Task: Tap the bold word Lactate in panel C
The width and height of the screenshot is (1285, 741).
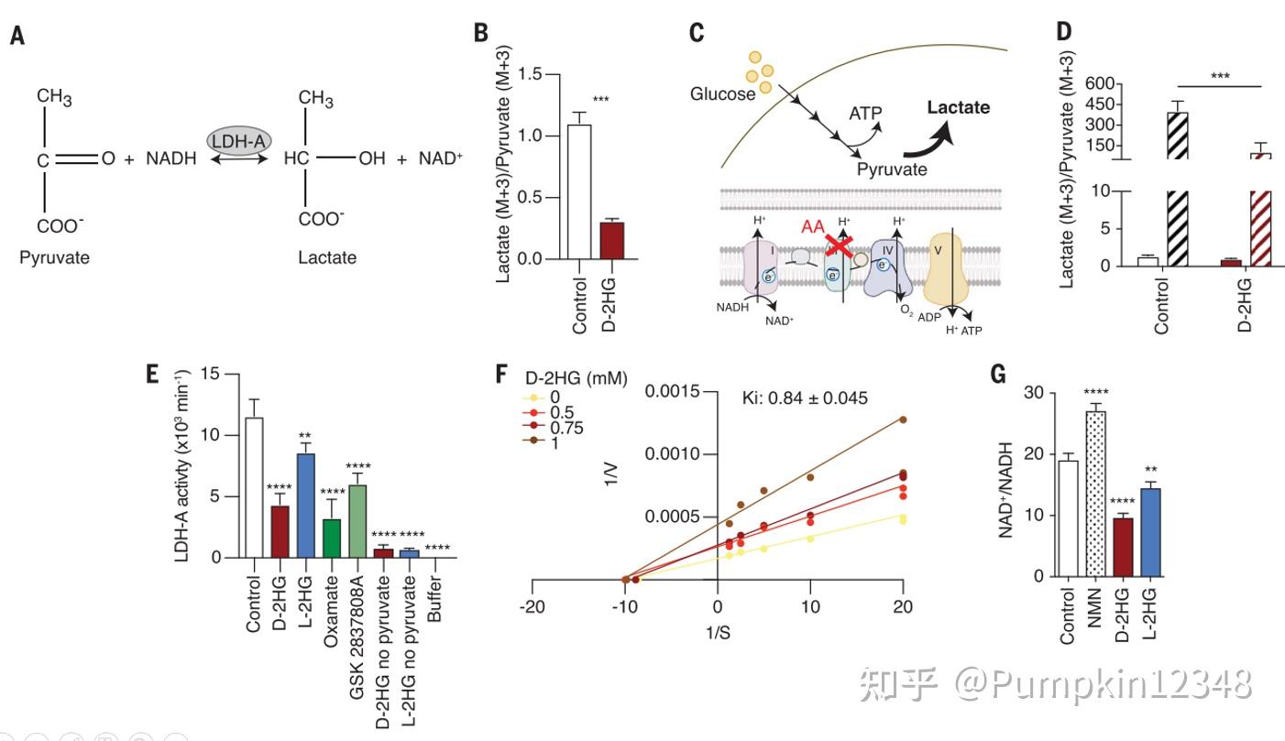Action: [x=958, y=108]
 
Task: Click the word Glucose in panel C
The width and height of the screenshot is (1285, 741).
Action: [x=724, y=93]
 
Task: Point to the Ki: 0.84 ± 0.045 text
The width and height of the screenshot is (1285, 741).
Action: [x=804, y=397]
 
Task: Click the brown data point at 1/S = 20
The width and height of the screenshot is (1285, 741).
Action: [x=903, y=420]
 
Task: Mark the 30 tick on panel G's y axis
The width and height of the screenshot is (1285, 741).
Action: [x=1035, y=393]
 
